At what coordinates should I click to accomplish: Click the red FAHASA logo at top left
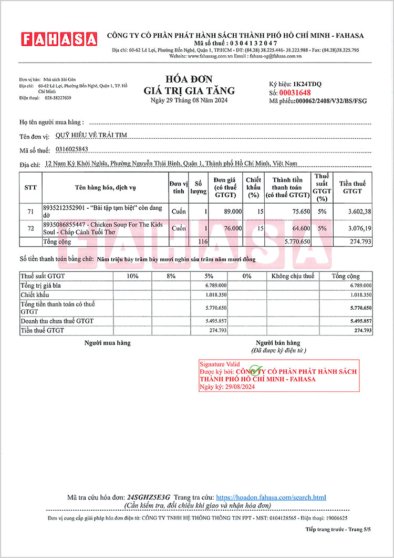59,39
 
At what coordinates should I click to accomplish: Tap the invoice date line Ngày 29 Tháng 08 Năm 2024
189,100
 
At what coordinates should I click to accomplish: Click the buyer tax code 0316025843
72,149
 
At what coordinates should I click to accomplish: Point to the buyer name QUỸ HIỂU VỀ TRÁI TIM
91,135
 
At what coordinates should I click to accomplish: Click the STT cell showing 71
30,211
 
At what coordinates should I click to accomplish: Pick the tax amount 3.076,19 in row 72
356,229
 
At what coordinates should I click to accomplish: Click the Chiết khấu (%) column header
253,188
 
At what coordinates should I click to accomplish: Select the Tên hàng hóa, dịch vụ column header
105,188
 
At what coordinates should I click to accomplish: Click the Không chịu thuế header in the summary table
293,276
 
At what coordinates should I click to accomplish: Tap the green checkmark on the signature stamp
255,371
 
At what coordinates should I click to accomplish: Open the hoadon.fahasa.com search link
271,497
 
